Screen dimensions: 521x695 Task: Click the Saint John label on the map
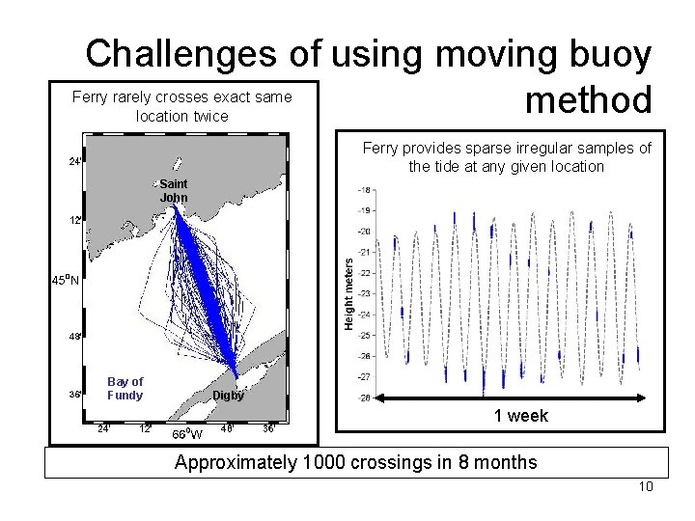pos(174,190)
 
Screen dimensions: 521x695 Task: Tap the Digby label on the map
pos(229,396)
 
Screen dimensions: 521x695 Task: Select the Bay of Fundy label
pos(125,388)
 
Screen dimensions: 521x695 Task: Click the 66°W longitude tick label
pos(186,433)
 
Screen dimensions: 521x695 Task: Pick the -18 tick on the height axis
pos(364,189)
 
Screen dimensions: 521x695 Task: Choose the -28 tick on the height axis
pos(364,398)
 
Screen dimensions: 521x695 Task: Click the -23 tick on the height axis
pos(364,293)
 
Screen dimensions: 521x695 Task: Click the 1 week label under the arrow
pos(521,416)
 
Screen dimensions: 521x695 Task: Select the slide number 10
pos(646,486)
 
